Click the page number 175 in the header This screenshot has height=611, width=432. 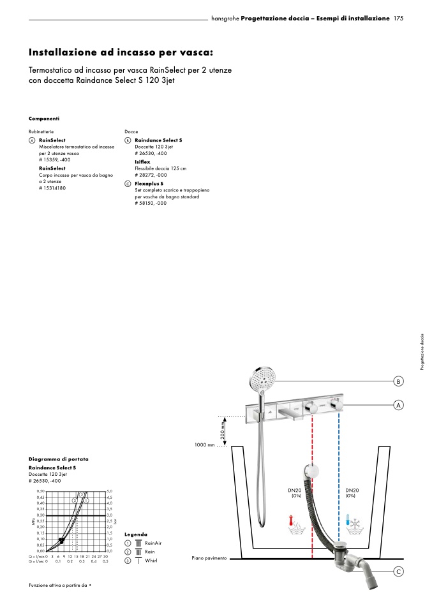tap(398, 19)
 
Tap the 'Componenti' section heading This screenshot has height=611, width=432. tap(44, 119)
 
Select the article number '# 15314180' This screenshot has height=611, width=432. tap(52, 189)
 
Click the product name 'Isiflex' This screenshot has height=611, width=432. tap(142, 162)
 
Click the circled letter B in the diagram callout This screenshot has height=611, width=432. tap(398, 382)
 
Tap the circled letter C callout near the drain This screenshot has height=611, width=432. tap(398, 572)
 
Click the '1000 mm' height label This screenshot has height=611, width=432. tap(204, 445)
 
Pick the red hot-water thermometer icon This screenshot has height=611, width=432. tap(295, 524)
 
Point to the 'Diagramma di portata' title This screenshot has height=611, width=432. tap(59, 459)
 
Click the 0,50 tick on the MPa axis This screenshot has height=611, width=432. tap(41, 491)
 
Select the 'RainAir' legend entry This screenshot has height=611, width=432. tap(153, 543)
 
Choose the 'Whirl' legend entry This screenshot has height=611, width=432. tap(151, 561)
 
